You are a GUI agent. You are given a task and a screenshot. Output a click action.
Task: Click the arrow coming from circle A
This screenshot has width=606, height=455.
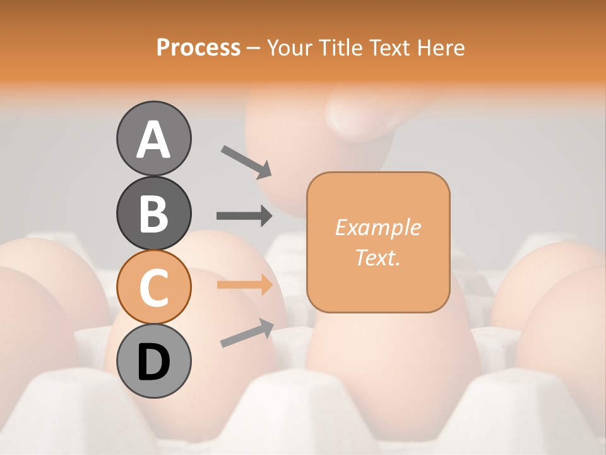[x=246, y=162]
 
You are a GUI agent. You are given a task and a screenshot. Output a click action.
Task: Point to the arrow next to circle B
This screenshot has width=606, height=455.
[x=244, y=216]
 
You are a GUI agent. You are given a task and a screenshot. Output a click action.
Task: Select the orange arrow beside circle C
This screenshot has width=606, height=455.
[x=244, y=284]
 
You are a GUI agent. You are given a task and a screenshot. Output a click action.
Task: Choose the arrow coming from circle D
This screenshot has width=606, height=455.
[x=246, y=333]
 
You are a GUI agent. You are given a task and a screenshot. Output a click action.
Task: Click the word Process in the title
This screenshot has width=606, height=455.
[x=198, y=48]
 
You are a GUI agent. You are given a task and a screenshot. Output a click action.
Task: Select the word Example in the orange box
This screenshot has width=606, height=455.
[x=377, y=227]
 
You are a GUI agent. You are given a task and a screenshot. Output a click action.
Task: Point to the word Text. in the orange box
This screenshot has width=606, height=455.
[x=377, y=258]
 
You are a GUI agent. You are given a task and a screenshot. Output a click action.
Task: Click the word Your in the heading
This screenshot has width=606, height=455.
[x=291, y=48]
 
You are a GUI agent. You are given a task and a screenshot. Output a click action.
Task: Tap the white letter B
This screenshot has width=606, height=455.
[x=153, y=214]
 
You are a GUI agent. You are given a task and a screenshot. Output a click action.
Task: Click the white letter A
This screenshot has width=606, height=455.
[x=153, y=140]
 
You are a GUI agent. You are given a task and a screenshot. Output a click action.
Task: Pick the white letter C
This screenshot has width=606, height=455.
[x=153, y=288]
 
